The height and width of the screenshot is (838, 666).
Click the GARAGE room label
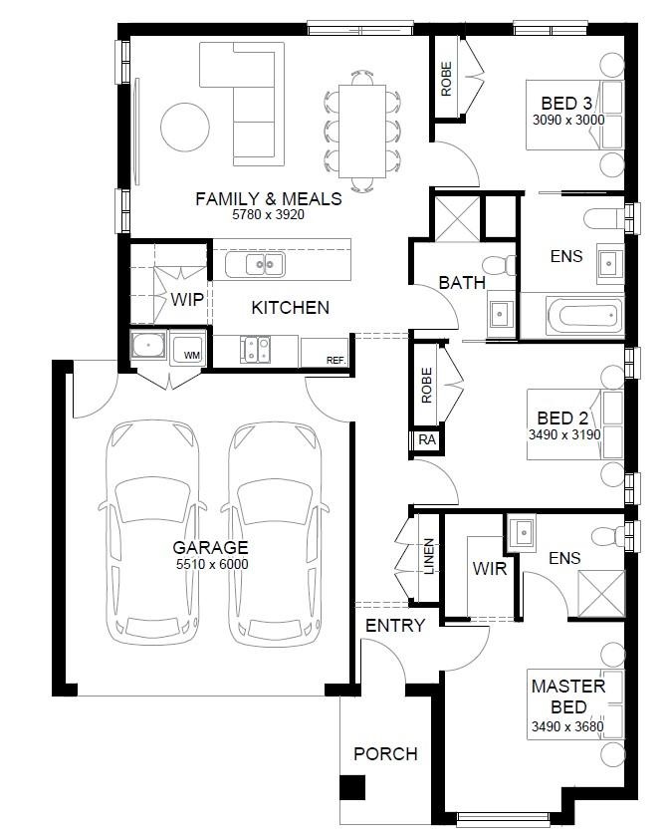210,547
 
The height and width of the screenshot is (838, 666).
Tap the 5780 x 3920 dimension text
268,215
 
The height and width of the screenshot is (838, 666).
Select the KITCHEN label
290,307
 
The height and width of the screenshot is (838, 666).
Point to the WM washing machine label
191,356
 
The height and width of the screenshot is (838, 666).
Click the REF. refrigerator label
336,361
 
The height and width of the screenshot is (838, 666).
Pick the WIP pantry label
187,299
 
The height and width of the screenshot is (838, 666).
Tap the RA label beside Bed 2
427,439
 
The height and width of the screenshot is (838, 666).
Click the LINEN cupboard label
429,556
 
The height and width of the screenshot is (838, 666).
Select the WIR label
489,568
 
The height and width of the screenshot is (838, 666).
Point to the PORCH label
385,754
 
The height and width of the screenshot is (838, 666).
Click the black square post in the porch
352,787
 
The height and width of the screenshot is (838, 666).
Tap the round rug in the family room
185,128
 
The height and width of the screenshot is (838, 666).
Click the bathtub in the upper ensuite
584,315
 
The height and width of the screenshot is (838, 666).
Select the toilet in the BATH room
499,266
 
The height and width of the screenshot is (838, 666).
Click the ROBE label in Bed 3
446,79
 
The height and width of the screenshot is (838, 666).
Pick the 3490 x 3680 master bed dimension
567,726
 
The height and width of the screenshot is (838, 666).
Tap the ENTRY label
395,626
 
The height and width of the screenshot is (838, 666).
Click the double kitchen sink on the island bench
255,264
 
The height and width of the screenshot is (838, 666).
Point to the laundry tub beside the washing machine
149,346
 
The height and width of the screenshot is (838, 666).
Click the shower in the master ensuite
601,594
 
